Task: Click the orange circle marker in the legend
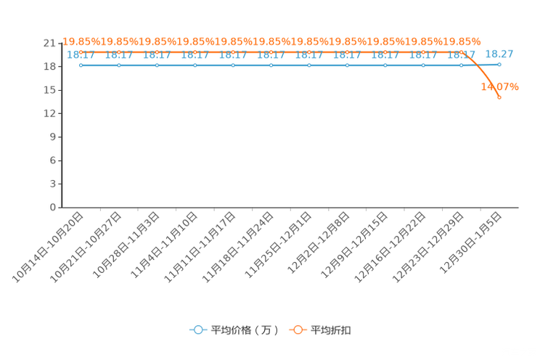pyautogui.click(x=298, y=330)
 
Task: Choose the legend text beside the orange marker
pyautogui.click(x=331, y=330)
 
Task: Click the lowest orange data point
pyautogui.click(x=499, y=97)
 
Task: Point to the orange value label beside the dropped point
pyautogui.click(x=500, y=86)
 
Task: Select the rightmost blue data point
pyautogui.click(x=499, y=65)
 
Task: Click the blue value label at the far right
pyautogui.click(x=499, y=53)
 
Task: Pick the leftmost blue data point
pyautogui.click(x=81, y=65)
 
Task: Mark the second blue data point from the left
pyautogui.click(x=118, y=65)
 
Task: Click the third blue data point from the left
pyautogui.click(x=157, y=65)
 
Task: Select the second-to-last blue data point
pyautogui.click(x=461, y=65)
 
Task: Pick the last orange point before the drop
pyautogui.click(x=470, y=53)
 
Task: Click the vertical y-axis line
pyautogui.click(x=64, y=123)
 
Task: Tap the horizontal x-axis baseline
pyautogui.click(x=290, y=208)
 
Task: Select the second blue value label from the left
pyautogui.click(x=118, y=54)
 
